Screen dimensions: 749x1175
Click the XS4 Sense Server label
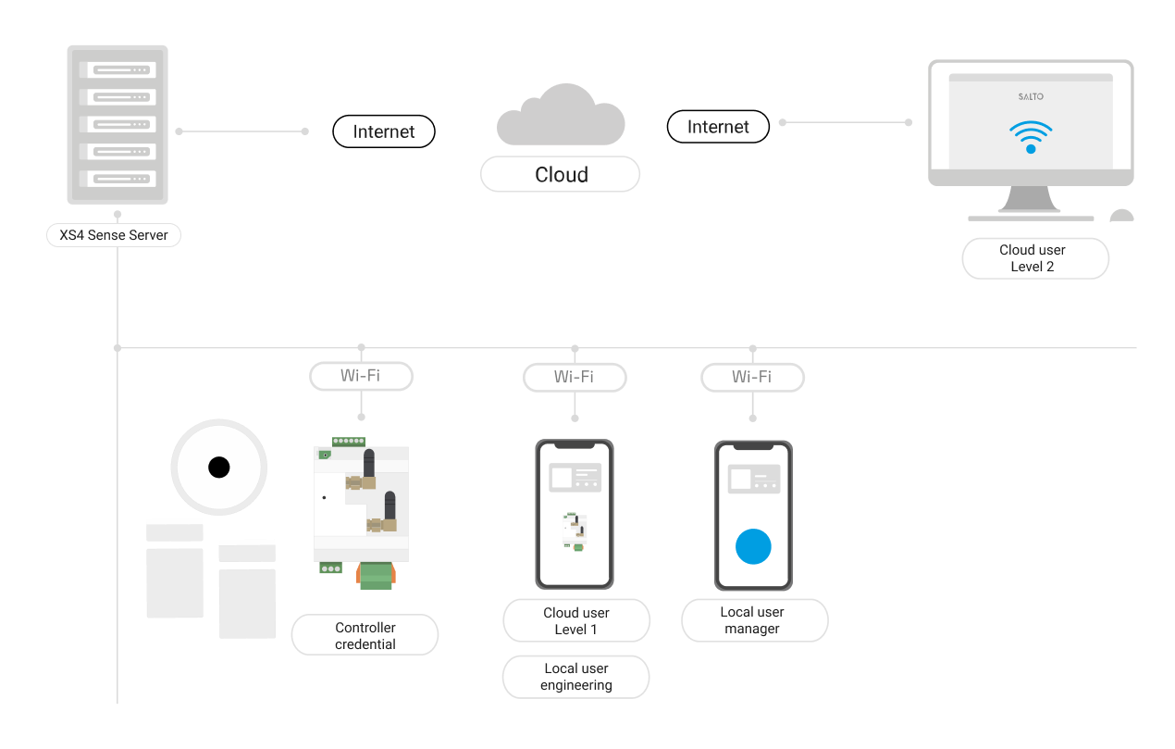click(114, 235)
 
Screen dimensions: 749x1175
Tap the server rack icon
click(117, 124)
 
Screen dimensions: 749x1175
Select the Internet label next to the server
click(383, 131)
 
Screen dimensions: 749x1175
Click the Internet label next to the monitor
click(718, 127)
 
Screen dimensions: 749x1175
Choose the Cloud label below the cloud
click(561, 174)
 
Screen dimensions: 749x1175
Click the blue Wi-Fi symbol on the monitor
click(1031, 136)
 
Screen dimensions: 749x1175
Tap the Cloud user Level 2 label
click(1034, 258)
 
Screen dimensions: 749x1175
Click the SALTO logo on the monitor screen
click(1030, 96)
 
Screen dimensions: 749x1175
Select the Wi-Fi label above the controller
click(360, 376)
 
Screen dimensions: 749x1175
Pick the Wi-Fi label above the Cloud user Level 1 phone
click(575, 377)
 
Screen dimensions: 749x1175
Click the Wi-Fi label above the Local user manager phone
click(752, 377)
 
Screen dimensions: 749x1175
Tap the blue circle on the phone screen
click(753, 546)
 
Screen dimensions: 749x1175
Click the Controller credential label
click(365, 636)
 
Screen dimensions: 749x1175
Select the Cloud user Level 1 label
click(575, 621)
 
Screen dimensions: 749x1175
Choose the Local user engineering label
click(575, 677)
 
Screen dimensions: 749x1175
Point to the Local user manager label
click(754, 620)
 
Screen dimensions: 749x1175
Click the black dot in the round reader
click(218, 468)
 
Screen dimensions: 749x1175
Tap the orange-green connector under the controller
click(377, 576)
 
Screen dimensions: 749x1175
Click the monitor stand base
click(1031, 218)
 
